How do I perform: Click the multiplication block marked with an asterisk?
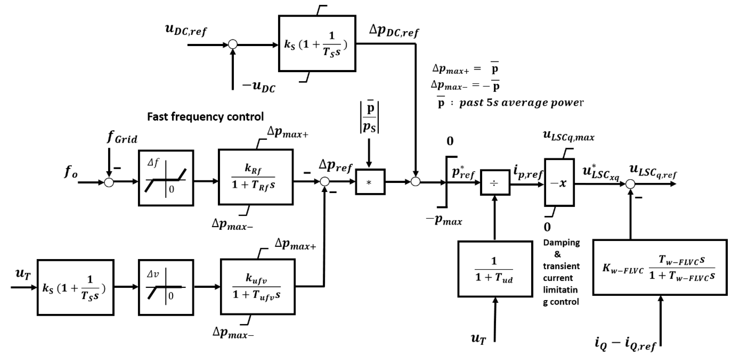[370, 182]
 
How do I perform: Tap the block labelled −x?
[559, 183]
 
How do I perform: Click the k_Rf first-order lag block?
[255, 177]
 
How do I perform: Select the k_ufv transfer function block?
[258, 287]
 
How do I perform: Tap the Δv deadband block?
[166, 287]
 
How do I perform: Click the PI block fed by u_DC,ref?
[317, 43]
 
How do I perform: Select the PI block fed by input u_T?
[75, 287]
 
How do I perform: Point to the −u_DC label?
[258, 86]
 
